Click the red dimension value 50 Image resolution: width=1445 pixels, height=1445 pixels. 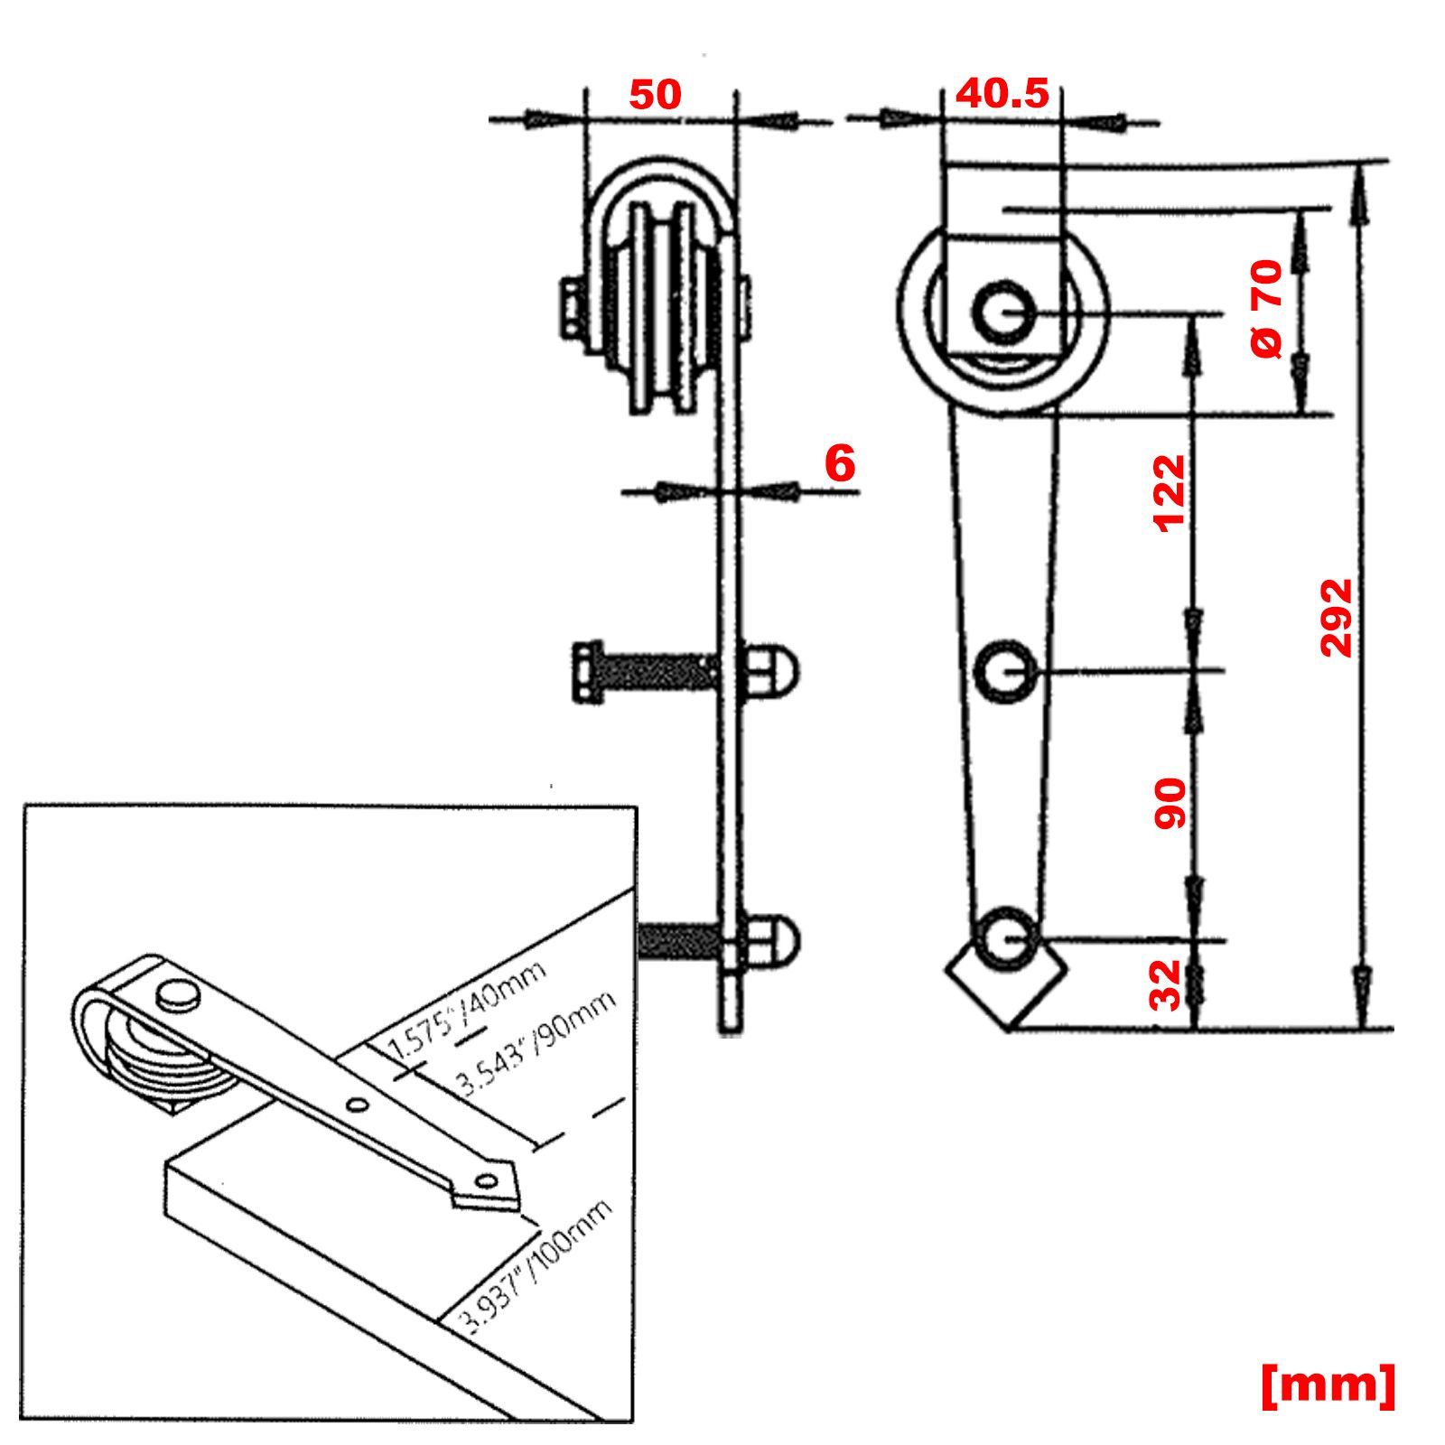(x=655, y=95)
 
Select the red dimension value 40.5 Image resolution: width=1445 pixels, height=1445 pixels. (x=1002, y=93)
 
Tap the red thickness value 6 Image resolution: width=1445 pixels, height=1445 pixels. (x=840, y=464)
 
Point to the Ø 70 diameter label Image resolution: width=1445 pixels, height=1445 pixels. (x=1267, y=308)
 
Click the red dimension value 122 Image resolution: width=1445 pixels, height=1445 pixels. (x=1170, y=493)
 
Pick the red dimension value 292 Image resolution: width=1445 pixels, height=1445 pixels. (x=1336, y=618)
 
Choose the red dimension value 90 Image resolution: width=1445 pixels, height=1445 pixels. (x=1170, y=803)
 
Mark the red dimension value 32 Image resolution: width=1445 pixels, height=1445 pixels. (x=1166, y=984)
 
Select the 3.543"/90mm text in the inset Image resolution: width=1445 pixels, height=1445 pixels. (x=538, y=1042)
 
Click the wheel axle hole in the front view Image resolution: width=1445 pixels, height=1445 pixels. (x=1003, y=312)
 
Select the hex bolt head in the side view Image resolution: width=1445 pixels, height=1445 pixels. (x=589, y=671)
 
